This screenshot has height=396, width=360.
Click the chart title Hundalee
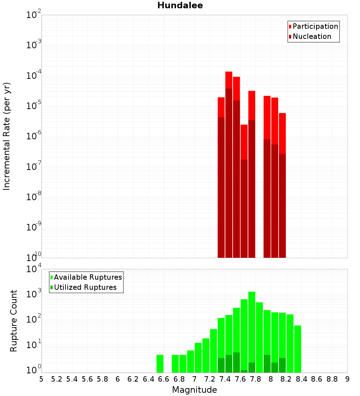pyautogui.click(x=180, y=5)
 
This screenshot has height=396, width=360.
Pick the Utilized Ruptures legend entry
pyautogui.click(x=85, y=287)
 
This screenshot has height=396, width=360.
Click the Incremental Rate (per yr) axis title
pyautogui.click(x=7, y=136)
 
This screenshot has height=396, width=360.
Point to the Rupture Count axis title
pyautogui.click(x=14, y=321)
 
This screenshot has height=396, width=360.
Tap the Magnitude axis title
pyautogui.click(x=194, y=390)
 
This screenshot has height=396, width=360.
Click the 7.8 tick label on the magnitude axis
pyautogui.click(x=256, y=379)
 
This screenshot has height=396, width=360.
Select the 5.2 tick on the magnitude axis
pyautogui.click(x=57, y=379)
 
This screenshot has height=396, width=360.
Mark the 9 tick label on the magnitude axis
pyautogui.click(x=347, y=379)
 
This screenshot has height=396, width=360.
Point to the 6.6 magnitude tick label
pyautogui.click(x=164, y=379)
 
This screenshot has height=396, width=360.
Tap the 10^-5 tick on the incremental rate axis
pyautogui.click(x=34, y=106)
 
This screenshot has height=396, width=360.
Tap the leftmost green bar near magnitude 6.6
pyautogui.click(x=160, y=364)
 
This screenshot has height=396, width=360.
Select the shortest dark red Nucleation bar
pyautogui.click(x=244, y=209)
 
